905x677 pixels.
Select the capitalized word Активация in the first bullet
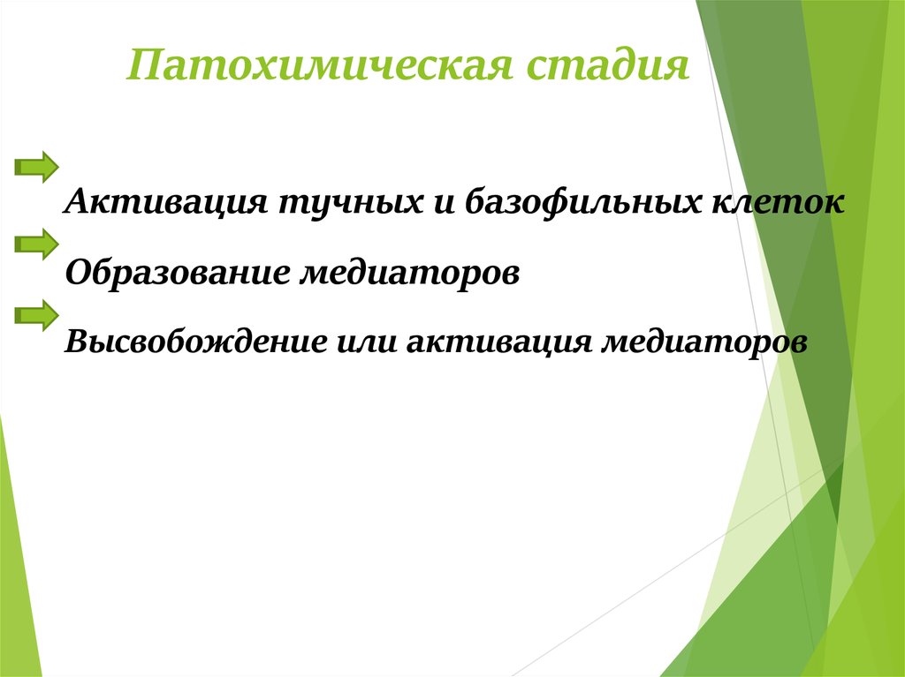166,203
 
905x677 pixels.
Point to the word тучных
352,203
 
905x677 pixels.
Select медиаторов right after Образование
410,273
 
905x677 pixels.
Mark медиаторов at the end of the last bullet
704,342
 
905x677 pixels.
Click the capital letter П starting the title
143,64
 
